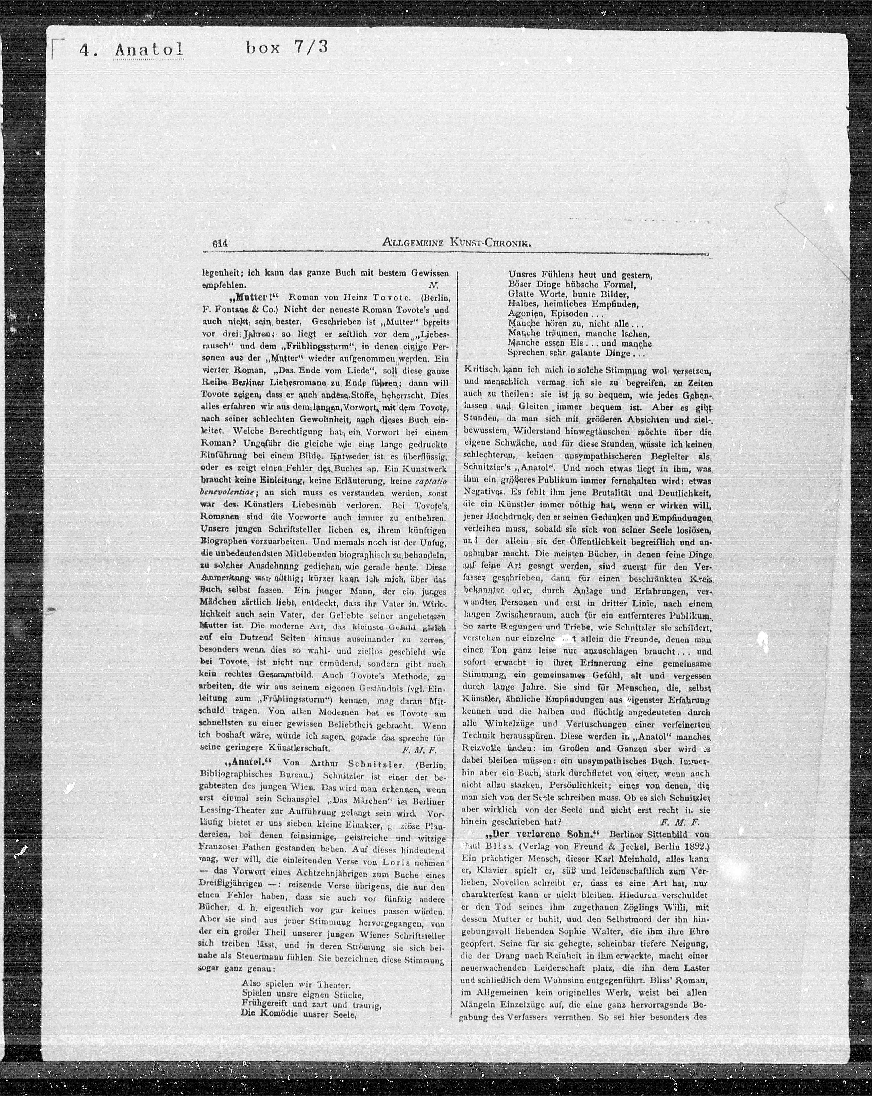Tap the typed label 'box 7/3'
click(287, 48)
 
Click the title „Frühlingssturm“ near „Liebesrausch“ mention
click(320, 347)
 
